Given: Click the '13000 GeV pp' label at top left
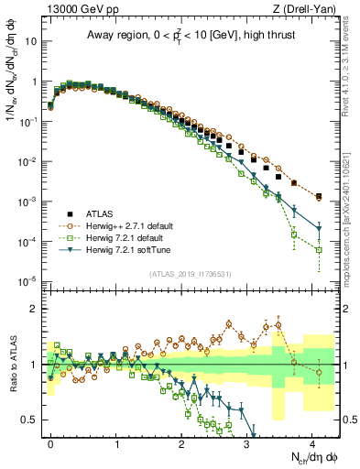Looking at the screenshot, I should click(x=77, y=10).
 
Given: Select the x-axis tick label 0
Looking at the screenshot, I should click(x=50, y=444).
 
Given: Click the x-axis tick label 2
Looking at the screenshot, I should click(x=181, y=444).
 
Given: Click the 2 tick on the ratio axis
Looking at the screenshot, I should click(x=35, y=309).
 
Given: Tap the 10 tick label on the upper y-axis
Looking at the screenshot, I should click(x=31, y=41).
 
